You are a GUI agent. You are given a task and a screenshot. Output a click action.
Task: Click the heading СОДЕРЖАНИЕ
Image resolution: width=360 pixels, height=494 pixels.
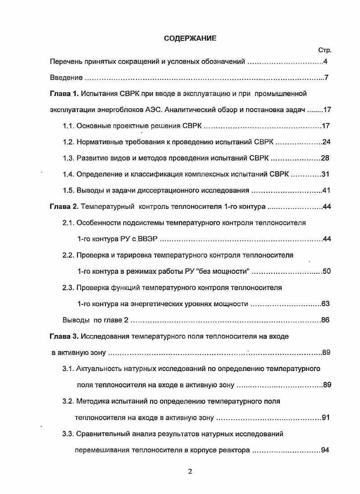[x=190, y=38]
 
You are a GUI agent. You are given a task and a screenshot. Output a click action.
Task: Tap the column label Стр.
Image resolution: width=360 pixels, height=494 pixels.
[x=324, y=50]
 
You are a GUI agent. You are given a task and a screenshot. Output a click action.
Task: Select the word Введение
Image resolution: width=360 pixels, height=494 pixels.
[x=66, y=78]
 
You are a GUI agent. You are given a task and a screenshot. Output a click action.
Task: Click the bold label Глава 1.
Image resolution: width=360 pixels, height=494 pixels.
[x=64, y=94]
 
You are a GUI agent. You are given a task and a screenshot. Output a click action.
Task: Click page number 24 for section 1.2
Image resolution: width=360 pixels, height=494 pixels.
[x=327, y=142]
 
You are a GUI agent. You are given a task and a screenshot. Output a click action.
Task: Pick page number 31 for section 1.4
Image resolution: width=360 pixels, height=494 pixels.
[x=327, y=174]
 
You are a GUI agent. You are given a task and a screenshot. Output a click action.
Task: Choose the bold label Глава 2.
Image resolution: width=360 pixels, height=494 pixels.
[x=64, y=207]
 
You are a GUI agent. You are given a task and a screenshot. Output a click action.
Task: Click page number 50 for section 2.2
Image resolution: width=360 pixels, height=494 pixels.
[x=327, y=271]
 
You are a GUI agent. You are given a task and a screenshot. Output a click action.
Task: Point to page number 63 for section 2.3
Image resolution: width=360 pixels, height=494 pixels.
[x=327, y=304]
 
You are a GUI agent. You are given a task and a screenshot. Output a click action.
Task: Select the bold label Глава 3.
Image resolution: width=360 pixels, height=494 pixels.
[x=64, y=336]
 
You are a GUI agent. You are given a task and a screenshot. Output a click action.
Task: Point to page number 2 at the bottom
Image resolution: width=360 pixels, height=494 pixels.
[x=190, y=471]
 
